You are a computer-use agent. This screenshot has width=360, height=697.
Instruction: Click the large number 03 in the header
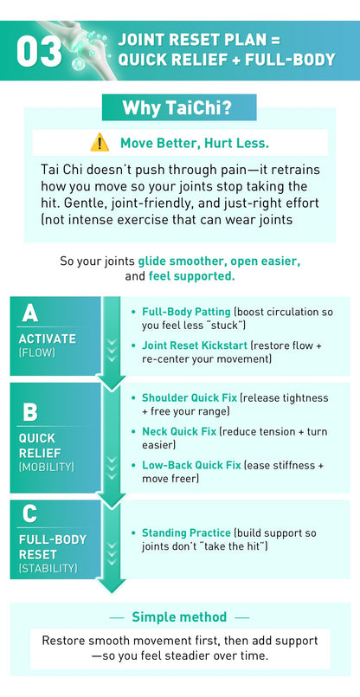39,51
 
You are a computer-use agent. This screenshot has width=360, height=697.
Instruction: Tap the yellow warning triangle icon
100,142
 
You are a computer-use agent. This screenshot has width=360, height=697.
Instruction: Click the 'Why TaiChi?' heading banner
179,108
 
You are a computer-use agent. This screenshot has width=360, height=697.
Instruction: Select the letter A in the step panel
30,313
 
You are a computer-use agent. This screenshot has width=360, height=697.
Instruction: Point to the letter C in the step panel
30,513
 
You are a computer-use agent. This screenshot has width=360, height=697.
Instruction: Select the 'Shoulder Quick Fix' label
190,397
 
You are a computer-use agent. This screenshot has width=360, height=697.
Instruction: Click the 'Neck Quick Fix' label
178,430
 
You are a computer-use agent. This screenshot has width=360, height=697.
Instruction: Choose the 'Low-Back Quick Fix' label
191,465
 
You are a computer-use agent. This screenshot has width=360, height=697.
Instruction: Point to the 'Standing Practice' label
186,532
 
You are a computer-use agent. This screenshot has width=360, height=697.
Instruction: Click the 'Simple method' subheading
179,617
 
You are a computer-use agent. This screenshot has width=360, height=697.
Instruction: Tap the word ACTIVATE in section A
48,339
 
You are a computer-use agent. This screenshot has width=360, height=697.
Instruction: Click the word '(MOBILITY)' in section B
47,467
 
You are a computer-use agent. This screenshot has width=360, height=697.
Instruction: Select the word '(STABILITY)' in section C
48,569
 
